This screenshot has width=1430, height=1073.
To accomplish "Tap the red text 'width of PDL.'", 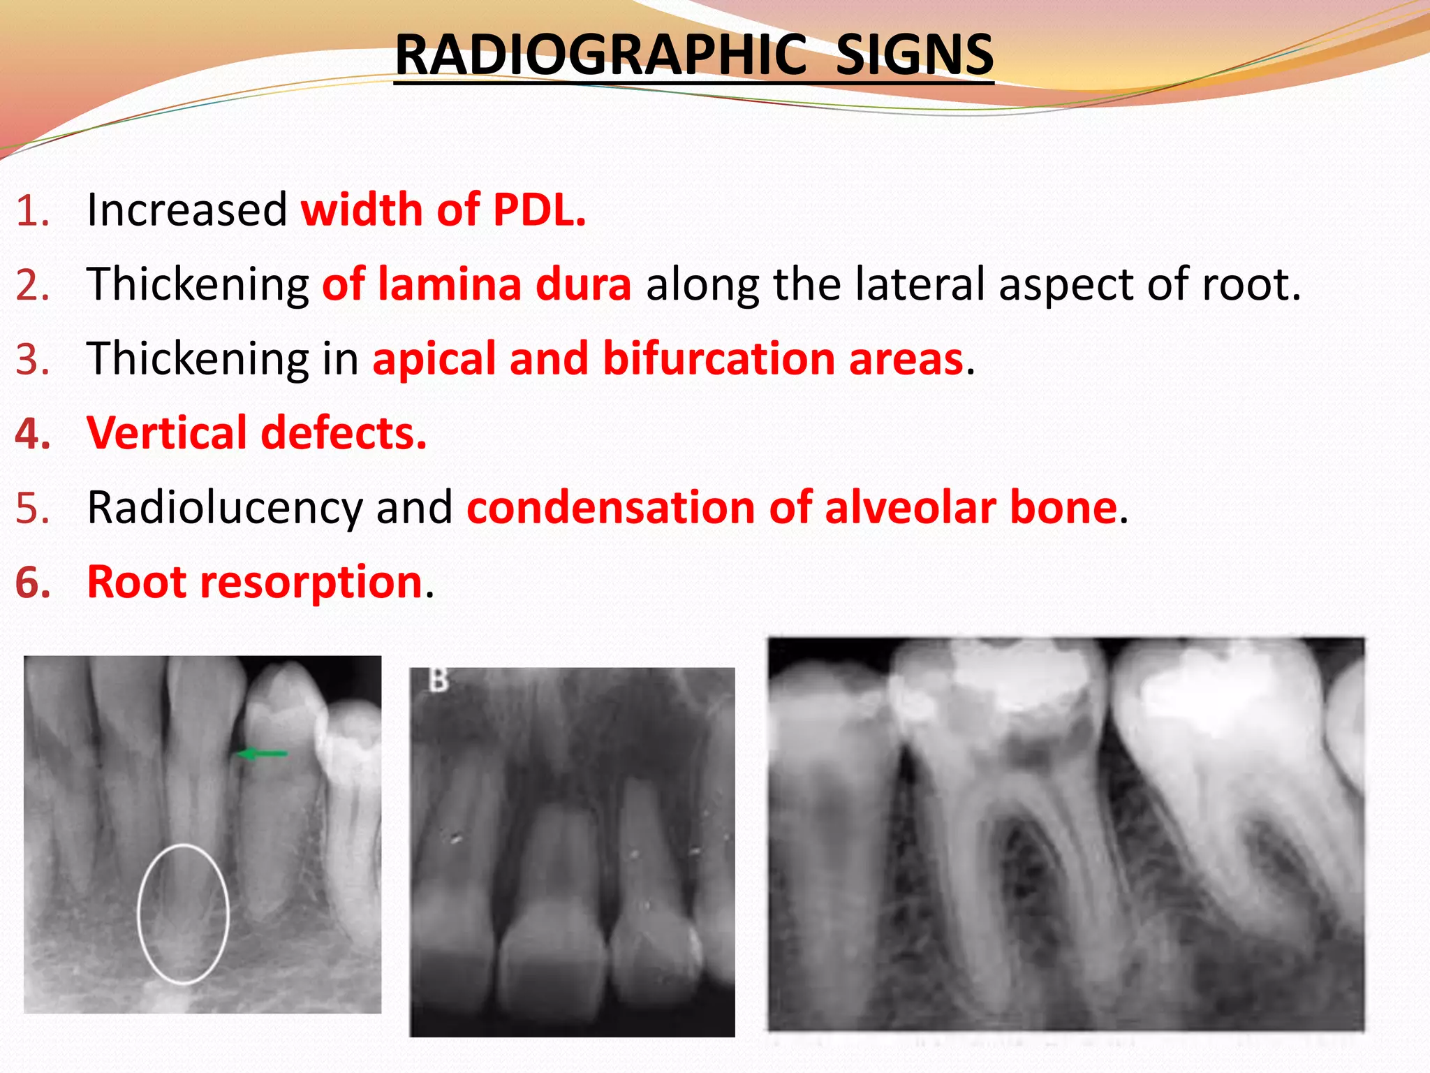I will click(443, 210).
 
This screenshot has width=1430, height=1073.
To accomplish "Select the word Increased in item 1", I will click(187, 210).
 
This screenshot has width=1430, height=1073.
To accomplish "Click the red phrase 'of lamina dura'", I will click(477, 284).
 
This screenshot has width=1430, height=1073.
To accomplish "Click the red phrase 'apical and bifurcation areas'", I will click(668, 358).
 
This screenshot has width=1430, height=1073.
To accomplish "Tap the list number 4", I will click(32, 433).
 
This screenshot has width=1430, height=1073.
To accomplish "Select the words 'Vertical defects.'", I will click(256, 433).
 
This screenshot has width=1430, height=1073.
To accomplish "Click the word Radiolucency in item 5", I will click(225, 508).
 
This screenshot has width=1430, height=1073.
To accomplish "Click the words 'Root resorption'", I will click(255, 582).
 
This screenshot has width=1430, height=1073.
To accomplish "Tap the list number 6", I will click(32, 582).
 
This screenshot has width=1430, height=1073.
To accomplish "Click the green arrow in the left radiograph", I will click(261, 753).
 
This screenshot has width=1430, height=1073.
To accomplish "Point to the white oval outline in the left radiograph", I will click(139, 908).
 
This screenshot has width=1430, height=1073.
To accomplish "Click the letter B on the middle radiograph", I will click(438, 680).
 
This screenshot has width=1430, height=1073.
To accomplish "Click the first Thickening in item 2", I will click(198, 284).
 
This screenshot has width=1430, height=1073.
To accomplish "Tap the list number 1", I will click(32, 210).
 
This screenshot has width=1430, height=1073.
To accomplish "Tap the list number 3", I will click(32, 358).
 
